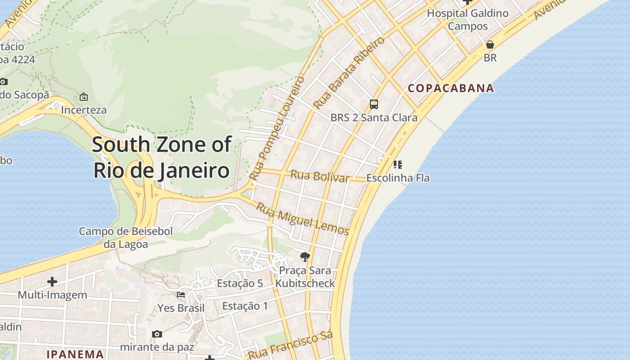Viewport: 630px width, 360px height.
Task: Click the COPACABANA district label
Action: tap(451, 88)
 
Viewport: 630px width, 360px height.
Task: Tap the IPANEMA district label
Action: tap(75, 354)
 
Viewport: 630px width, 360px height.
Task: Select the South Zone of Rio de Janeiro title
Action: tap(162, 157)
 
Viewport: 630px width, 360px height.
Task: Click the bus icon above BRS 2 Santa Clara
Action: tap(373, 104)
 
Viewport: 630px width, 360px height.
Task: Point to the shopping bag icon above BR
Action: tap(490, 45)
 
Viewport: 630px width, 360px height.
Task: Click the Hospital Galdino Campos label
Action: tap(468, 20)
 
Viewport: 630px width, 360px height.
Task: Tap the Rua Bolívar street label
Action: tap(320, 176)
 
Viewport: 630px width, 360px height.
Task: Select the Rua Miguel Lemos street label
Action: tap(303, 219)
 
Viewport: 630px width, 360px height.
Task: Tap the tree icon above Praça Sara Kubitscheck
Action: tap(305, 257)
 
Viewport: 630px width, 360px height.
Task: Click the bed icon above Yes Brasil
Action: tap(181, 295)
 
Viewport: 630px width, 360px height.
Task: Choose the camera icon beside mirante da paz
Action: tap(157, 334)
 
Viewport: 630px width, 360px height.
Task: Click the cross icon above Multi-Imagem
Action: tap(52, 282)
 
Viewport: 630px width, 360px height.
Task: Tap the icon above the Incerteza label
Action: tap(84, 97)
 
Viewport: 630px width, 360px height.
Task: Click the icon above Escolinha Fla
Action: tap(397, 165)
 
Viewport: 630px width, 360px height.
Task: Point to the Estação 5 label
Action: tap(240, 283)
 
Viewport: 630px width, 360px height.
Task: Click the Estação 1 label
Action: tap(245, 306)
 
